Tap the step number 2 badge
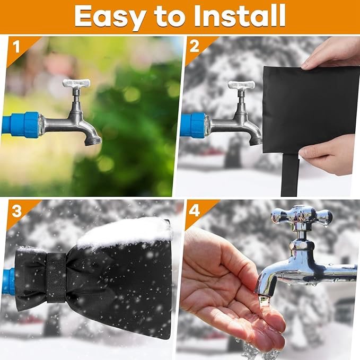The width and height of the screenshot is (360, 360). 194,47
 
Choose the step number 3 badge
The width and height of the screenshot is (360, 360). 16,210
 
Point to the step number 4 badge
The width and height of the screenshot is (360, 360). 195,210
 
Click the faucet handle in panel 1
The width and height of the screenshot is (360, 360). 76,84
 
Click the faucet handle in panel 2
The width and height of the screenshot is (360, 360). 241,85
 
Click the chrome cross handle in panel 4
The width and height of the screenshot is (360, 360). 302,216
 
